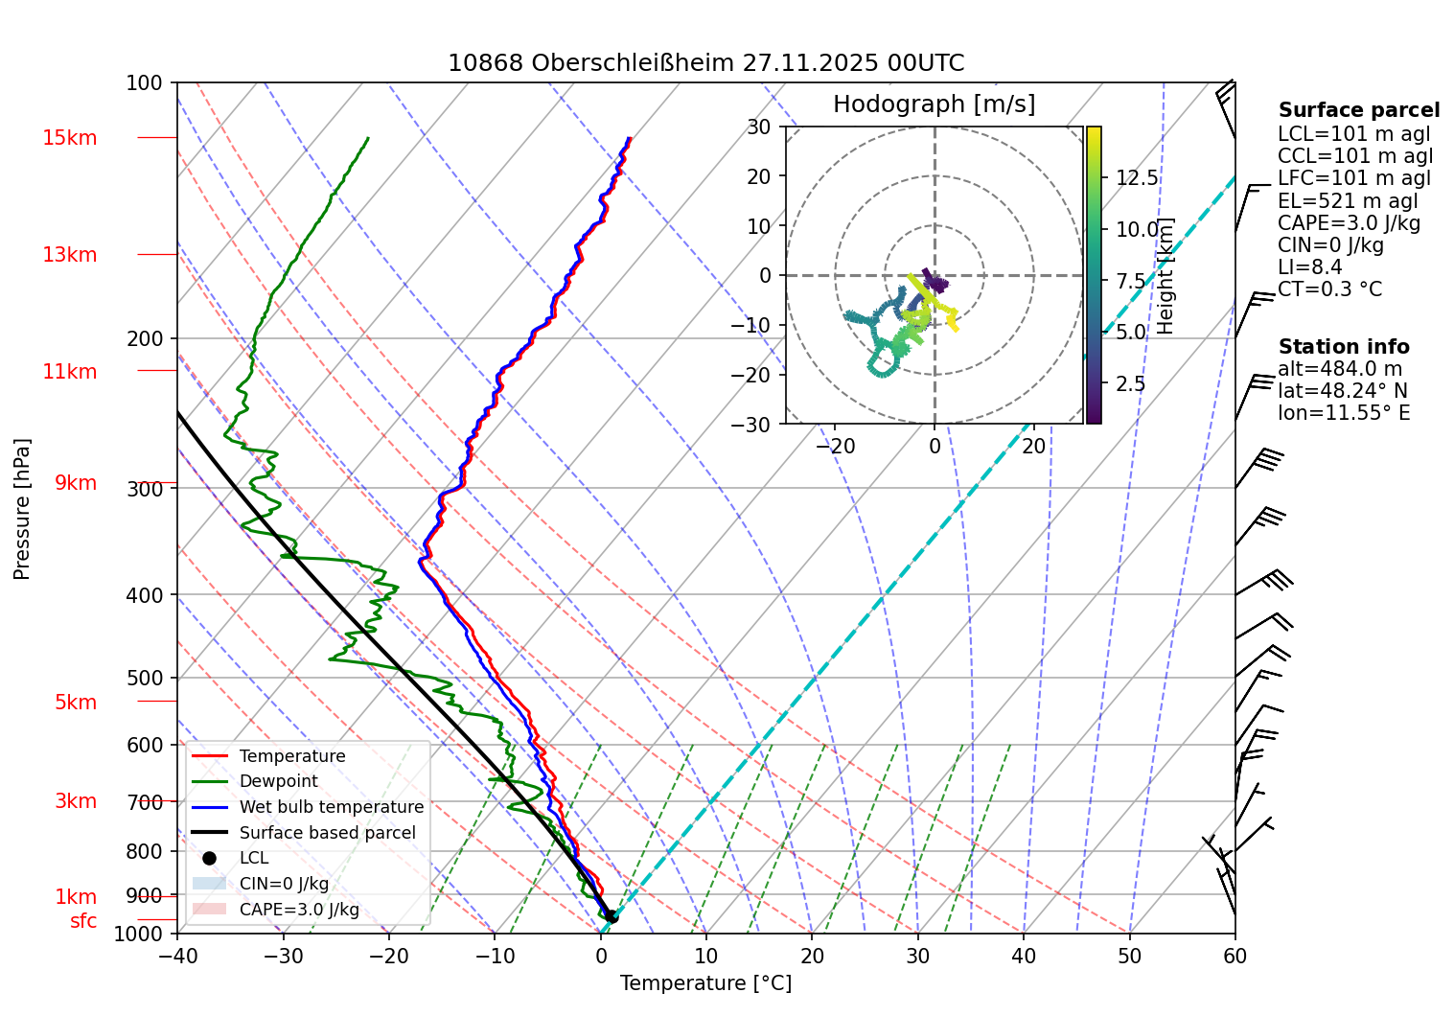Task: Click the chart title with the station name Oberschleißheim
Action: coord(705,63)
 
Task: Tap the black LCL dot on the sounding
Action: coord(612,917)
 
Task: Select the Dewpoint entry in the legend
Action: coord(278,781)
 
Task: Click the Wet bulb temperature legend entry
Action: coord(331,807)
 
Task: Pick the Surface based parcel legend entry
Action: coord(327,833)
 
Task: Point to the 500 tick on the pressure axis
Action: coord(145,678)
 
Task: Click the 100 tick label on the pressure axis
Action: coord(145,83)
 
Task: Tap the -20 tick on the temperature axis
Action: coord(389,956)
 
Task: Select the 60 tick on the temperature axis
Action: coord(1235,956)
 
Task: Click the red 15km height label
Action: coord(69,138)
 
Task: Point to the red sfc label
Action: coord(83,921)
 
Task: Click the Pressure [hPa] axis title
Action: coord(22,509)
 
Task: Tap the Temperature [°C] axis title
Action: coord(705,983)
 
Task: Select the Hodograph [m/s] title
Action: coord(934,104)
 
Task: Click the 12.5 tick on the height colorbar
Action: coord(1137,178)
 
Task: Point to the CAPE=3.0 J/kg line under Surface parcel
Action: coord(1349,223)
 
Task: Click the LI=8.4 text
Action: coord(1309,267)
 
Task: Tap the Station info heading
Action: coord(1344,347)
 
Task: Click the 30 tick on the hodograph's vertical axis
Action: coord(759,127)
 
